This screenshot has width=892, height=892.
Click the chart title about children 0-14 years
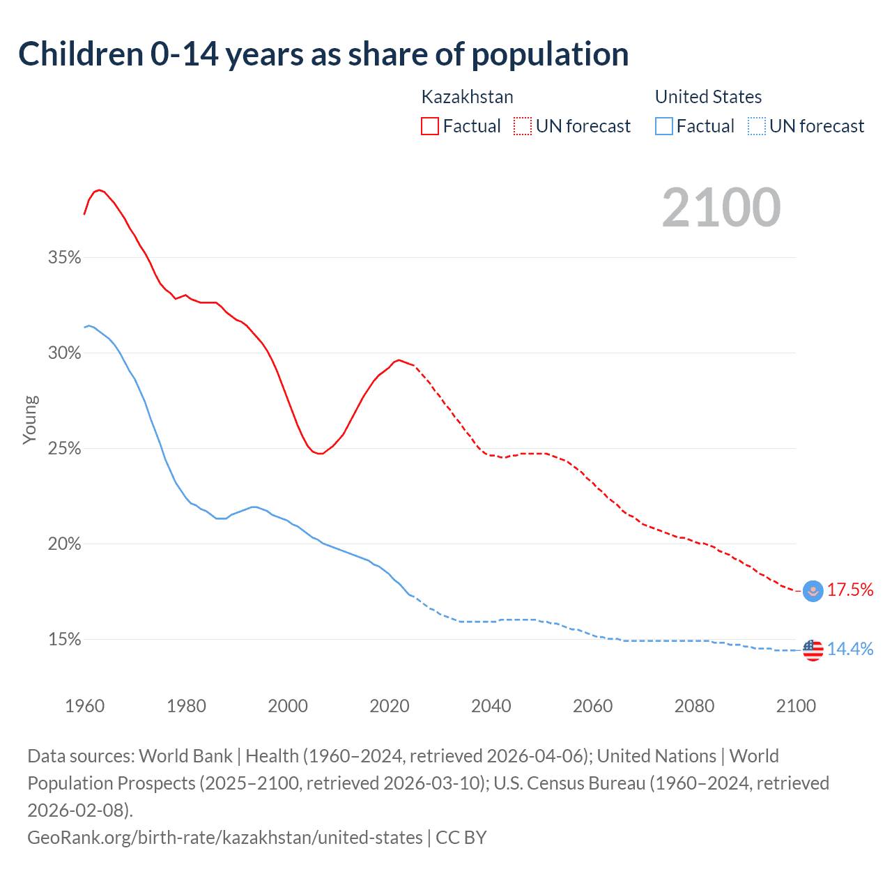[323, 54]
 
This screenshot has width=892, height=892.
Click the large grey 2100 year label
[721, 208]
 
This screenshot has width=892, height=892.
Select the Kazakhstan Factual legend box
[430, 126]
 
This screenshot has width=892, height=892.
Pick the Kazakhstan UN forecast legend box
[523, 126]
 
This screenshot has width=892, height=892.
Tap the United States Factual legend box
[664, 126]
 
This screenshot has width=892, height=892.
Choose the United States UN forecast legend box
[756, 126]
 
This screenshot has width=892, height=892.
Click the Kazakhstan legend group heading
[467, 97]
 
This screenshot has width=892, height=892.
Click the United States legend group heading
[708, 97]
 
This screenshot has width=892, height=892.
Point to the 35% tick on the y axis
[65, 258]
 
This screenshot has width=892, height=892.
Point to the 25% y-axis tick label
[65, 449]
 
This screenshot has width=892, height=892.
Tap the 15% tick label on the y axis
[65, 640]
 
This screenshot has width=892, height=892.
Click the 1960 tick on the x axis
[85, 706]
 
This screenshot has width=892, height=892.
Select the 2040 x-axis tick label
[491, 706]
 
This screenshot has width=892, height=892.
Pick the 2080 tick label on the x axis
[694, 706]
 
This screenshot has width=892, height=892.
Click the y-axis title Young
[30, 420]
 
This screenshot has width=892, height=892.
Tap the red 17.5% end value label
[850, 590]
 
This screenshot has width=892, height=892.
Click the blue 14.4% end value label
[850, 649]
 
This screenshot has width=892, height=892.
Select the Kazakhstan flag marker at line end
[813, 591]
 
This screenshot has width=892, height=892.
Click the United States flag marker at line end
[813, 649]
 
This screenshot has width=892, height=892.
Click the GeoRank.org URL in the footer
[225, 837]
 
